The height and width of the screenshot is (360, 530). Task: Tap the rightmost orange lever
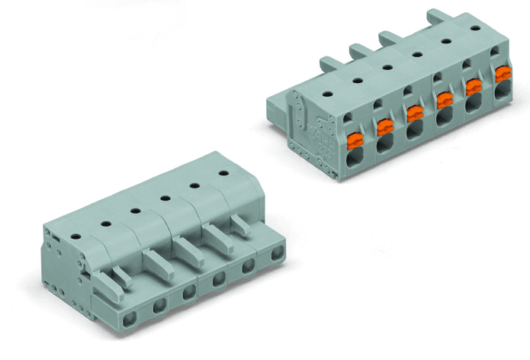pos(501,75)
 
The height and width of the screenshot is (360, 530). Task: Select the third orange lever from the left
pos(414,114)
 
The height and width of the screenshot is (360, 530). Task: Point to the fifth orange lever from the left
pos(473,87)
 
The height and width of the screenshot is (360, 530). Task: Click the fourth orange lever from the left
pos(443,100)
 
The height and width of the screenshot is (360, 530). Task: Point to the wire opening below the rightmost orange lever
pos(502,92)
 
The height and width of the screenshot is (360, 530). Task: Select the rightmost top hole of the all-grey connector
pos(223,173)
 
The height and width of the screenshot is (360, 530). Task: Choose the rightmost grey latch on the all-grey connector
pos(240,223)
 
